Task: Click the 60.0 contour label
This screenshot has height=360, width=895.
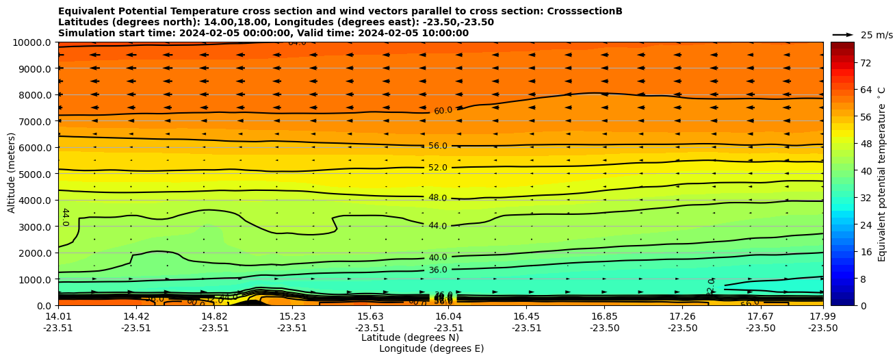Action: pos(443,110)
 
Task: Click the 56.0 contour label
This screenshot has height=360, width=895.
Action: pos(438,146)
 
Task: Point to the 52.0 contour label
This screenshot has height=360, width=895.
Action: pos(438,168)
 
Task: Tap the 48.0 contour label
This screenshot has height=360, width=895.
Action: pos(438,198)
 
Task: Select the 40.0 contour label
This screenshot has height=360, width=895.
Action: pos(438,257)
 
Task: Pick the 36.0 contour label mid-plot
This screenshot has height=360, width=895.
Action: pos(438,270)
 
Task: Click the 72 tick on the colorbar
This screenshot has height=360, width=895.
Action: pos(846,63)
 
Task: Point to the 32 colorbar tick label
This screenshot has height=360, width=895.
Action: pos(846,198)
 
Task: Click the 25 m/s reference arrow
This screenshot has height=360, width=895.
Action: pos(843,34)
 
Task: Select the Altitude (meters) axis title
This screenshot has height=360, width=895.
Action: pos(12,172)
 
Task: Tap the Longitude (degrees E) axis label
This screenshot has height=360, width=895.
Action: pos(431,348)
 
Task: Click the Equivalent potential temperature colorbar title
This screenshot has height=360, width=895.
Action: pos(882,174)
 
